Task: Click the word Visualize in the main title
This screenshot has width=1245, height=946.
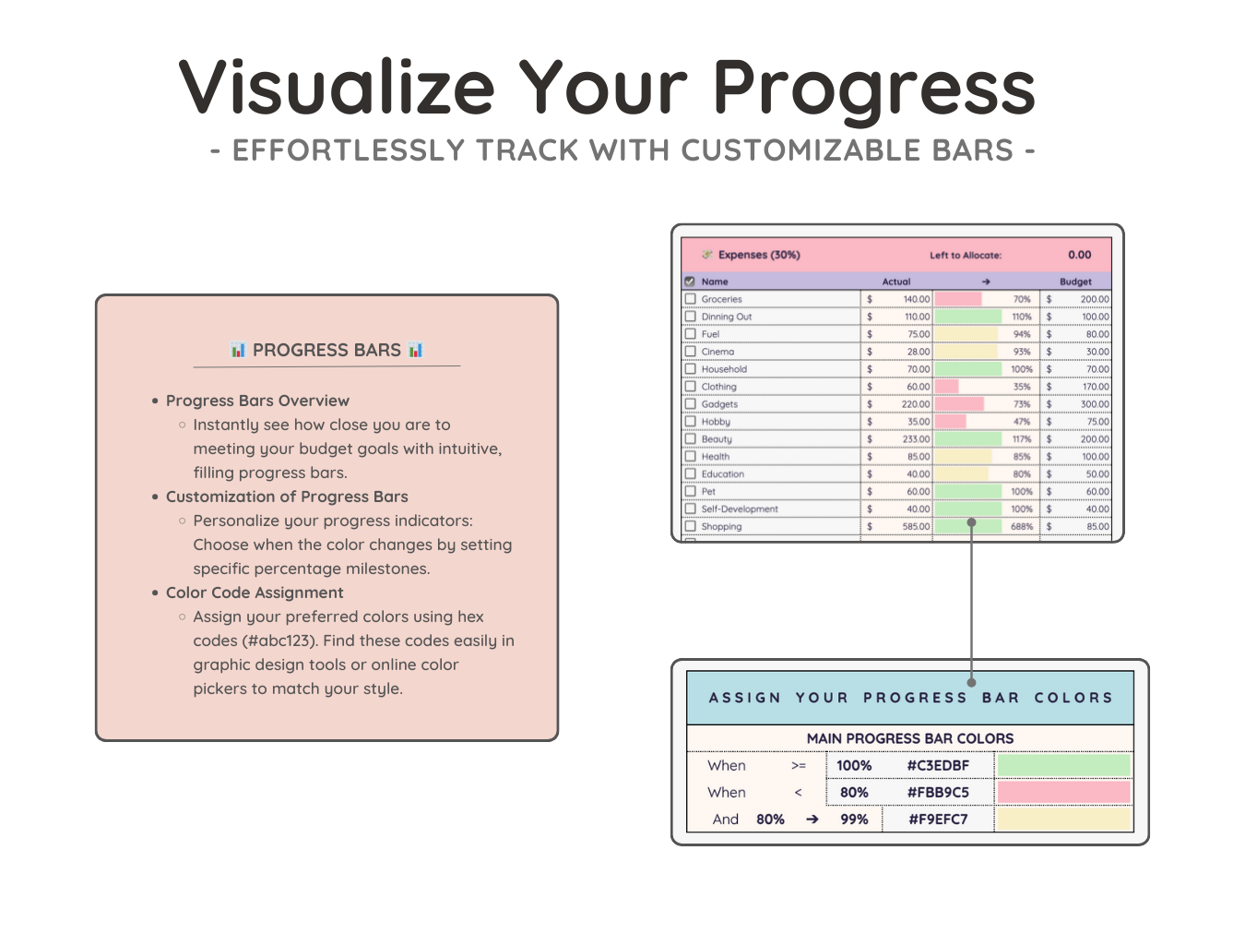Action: [x=337, y=87]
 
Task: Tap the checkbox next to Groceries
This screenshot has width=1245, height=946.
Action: [x=690, y=298]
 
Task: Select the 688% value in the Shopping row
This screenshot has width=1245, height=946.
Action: [x=1021, y=527]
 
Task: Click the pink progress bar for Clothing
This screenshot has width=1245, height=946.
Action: [x=946, y=387]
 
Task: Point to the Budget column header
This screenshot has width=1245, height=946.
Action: [x=1074, y=281]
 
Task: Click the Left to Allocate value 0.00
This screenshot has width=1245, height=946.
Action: [x=1079, y=255]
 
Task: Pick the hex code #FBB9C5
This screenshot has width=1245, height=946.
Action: [x=938, y=792]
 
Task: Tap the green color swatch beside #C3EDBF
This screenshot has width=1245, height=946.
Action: [x=1063, y=765]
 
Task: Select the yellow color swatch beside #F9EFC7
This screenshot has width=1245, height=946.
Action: [x=1063, y=820]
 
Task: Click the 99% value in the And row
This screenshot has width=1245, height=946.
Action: [x=854, y=820]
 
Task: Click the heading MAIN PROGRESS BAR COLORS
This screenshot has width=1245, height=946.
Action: [x=910, y=738]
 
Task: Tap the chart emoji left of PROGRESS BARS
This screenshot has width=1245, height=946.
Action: [x=238, y=350]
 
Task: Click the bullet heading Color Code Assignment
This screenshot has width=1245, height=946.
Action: [x=255, y=593]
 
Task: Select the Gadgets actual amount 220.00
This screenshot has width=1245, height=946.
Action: [x=916, y=404]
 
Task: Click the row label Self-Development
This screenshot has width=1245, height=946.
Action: [x=739, y=509]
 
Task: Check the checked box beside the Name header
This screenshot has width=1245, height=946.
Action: [x=690, y=281]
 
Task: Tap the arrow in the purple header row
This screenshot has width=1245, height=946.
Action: [x=986, y=281]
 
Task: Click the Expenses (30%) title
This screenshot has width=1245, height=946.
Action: [x=759, y=255]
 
